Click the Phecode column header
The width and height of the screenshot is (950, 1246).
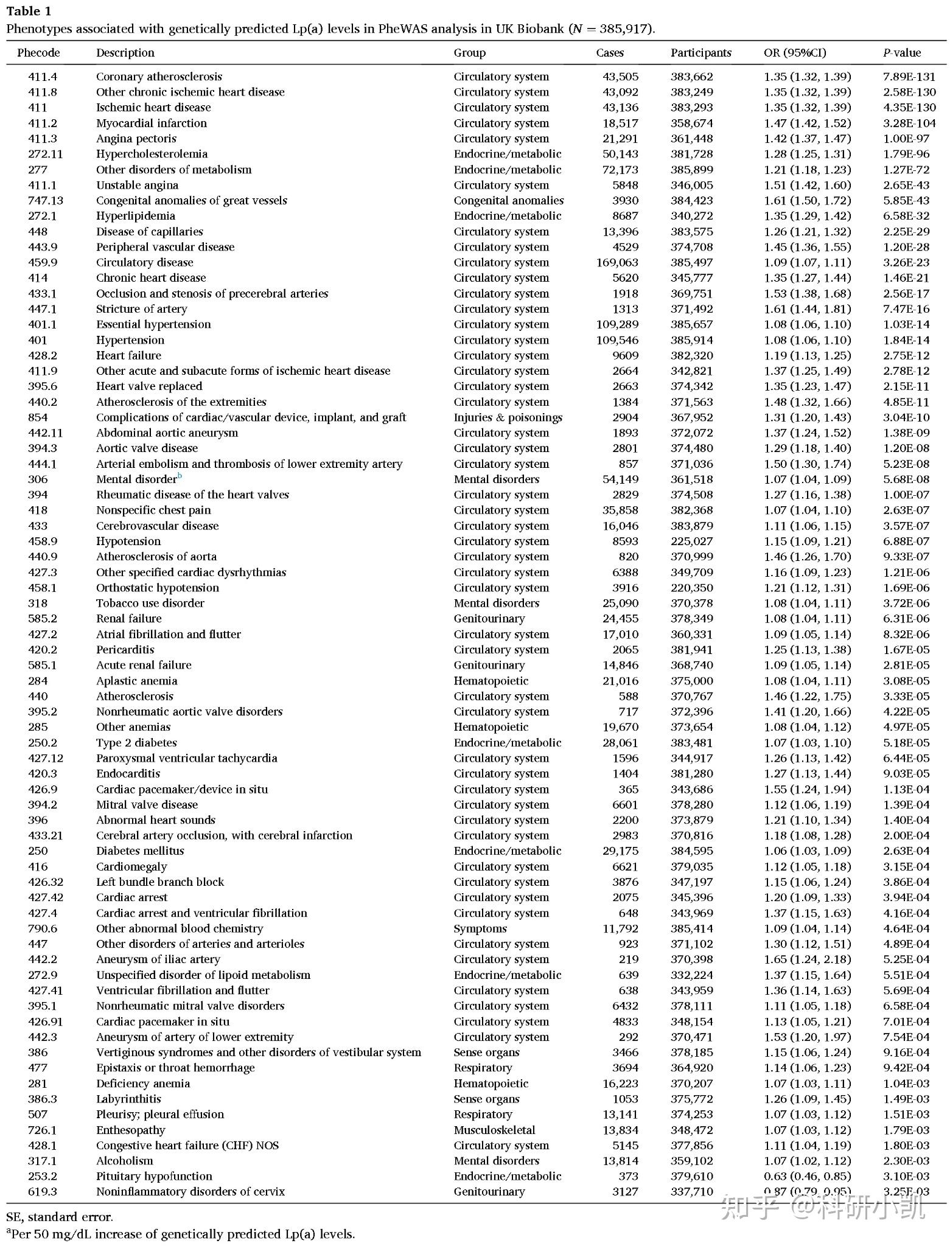click(38, 53)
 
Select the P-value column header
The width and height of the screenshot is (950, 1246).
click(902, 53)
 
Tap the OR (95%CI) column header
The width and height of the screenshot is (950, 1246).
click(795, 53)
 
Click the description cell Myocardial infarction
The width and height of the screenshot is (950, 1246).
click(152, 123)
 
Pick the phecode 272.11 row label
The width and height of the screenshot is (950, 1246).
click(45, 154)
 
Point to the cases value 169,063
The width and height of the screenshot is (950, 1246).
click(617, 262)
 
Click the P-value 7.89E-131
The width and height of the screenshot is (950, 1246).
click(909, 77)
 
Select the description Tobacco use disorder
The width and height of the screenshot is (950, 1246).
click(150, 603)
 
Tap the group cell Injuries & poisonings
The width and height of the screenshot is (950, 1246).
click(508, 417)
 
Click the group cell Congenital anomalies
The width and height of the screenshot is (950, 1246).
click(508, 200)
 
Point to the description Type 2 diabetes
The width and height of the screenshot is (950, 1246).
click(136, 742)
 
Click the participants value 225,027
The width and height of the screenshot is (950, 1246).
click(691, 541)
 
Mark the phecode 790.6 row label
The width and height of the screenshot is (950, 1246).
click(42, 928)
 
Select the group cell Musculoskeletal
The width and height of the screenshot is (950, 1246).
click(494, 1130)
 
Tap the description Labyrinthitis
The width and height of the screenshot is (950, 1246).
click(128, 1099)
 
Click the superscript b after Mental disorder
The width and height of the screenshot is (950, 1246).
click(180, 476)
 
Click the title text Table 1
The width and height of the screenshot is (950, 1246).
click(29, 11)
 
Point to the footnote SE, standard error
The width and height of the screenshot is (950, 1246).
click(59, 1217)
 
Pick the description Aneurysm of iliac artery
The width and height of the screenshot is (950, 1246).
click(158, 959)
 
